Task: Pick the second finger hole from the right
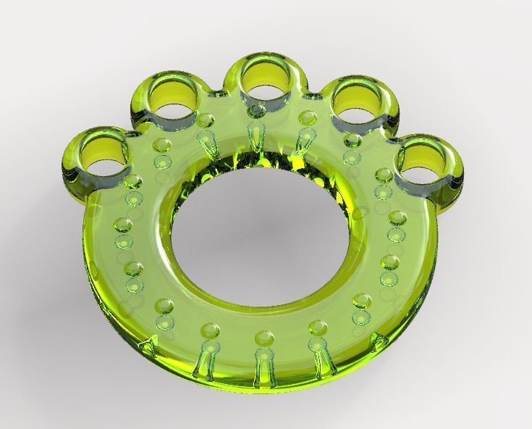click(355, 101)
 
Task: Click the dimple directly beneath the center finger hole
click(258, 111)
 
